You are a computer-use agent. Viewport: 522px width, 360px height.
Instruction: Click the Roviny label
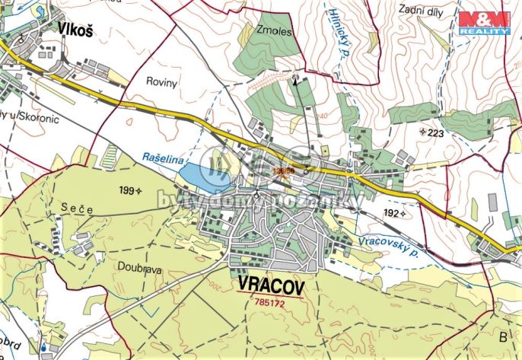coord(161,79)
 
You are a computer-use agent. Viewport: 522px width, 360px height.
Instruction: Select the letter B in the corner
coord(501,336)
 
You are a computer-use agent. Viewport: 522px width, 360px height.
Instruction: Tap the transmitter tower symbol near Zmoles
coord(297,78)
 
